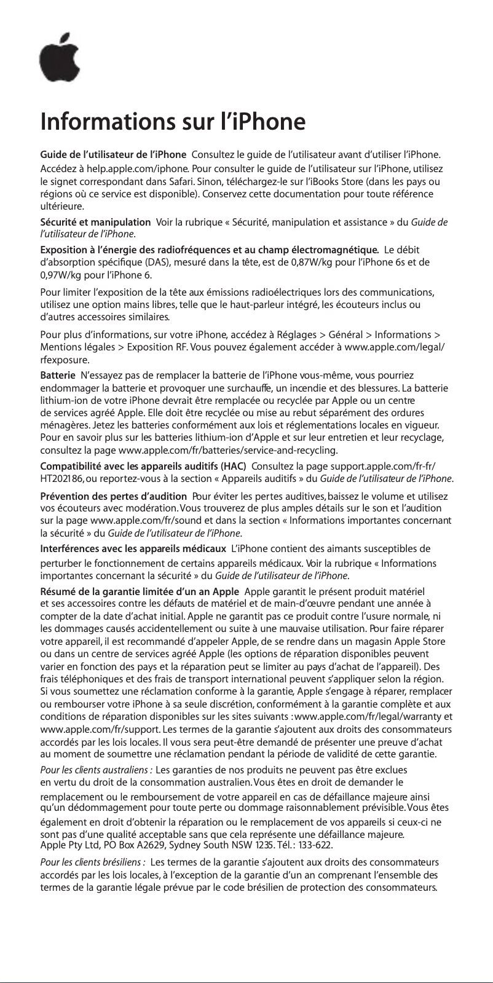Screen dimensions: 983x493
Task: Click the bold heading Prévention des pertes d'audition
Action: tap(113, 496)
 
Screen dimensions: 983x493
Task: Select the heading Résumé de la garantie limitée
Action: tap(140, 593)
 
